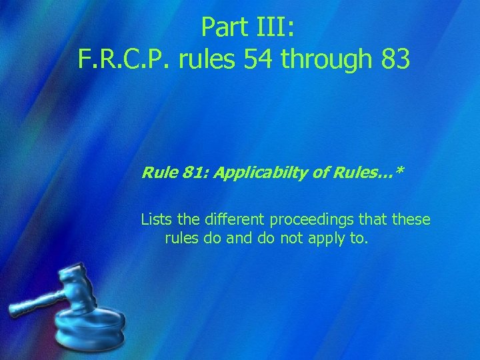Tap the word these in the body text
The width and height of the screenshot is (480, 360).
click(x=411, y=219)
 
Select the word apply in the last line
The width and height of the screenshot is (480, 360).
click(x=326, y=239)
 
